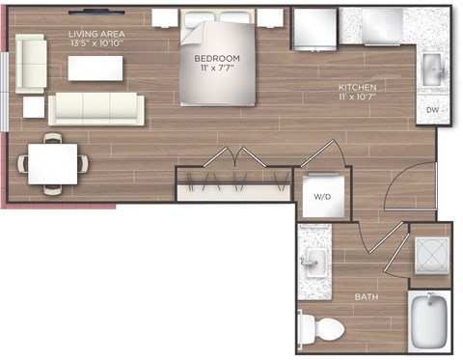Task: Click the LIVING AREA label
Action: pyautogui.click(x=96, y=34)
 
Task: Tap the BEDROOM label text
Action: pyautogui.click(x=217, y=59)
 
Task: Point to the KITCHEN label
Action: pyautogui.click(x=357, y=87)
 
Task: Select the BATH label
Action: pyautogui.click(x=367, y=296)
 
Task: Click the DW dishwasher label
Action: pyautogui.click(x=432, y=110)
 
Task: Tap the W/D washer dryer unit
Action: pyautogui.click(x=324, y=196)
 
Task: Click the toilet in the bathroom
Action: pyautogui.click(x=320, y=328)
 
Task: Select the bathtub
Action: pyautogui.click(x=429, y=320)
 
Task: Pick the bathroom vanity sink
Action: pyautogui.click(x=315, y=263)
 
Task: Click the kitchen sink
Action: pyautogui.click(x=433, y=70)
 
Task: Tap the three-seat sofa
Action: pyautogui.click(x=96, y=109)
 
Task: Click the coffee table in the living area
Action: pyautogui.click(x=95, y=69)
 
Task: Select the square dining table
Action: pyautogui.click(x=52, y=164)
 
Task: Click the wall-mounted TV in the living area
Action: pyautogui.click(x=96, y=13)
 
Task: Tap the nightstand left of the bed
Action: pyautogui.click(x=165, y=18)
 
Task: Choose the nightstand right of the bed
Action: pyautogui.click(x=270, y=18)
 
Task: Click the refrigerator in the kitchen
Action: pyautogui.click(x=315, y=29)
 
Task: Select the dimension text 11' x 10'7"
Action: pyautogui.click(x=357, y=97)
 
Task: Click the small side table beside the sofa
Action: pyautogui.click(x=34, y=107)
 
